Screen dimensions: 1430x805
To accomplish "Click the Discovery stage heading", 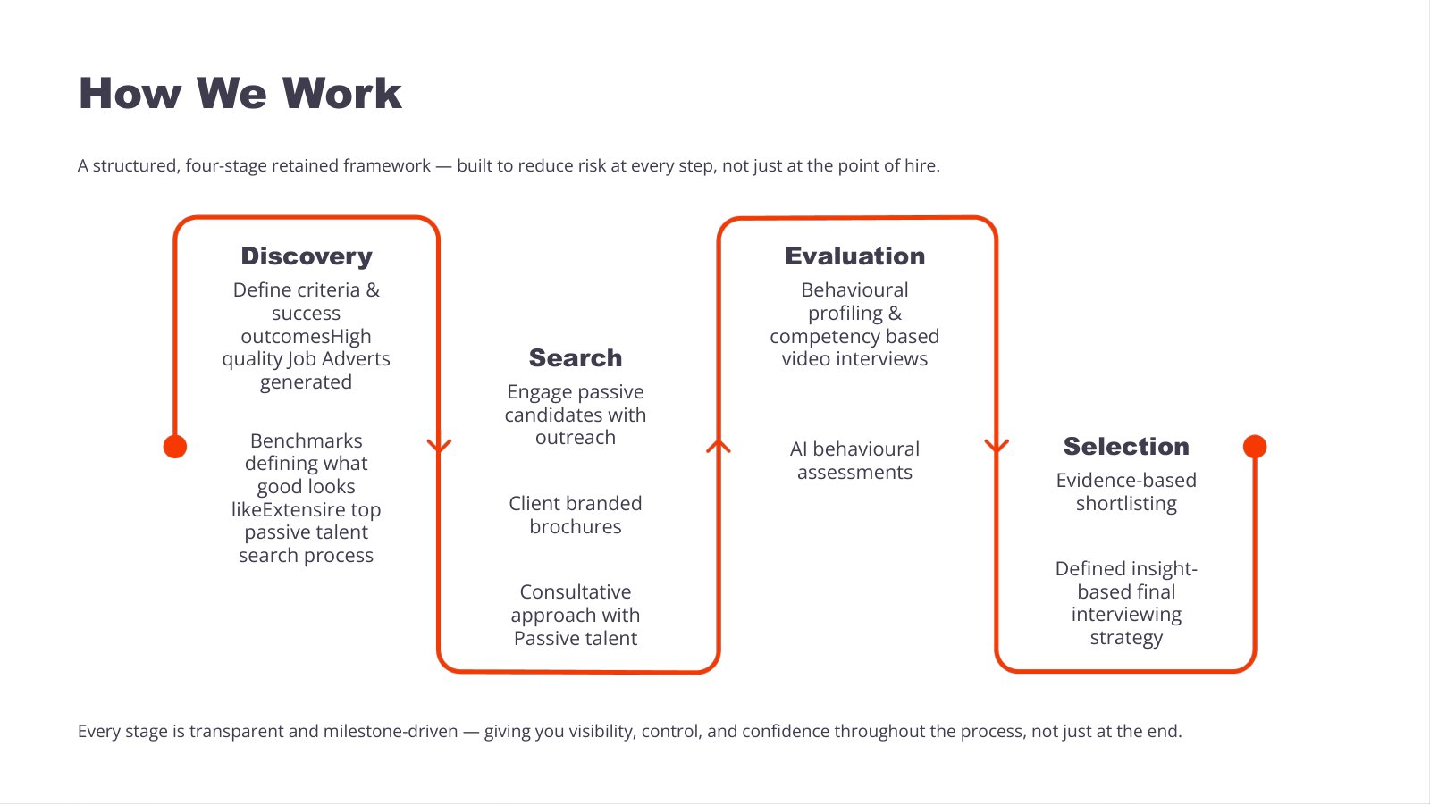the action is coord(307,256).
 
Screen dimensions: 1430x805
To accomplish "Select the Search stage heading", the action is coord(576,357).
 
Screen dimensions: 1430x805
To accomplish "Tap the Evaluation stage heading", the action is coord(854,256).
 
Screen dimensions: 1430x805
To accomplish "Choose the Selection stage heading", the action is coord(1126,446).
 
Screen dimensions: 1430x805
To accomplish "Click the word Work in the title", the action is coord(341,93).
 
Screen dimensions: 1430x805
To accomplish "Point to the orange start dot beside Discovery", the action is coord(175,446).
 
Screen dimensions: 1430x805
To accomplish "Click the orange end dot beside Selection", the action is coord(1255,446).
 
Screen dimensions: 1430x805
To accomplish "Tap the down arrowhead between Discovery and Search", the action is coord(439,446).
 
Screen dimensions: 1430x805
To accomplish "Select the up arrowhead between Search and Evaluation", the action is coord(719,446).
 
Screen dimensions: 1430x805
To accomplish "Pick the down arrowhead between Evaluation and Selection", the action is coord(997,446).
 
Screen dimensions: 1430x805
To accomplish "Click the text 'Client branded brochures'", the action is coord(576,515).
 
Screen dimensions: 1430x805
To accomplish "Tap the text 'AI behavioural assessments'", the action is coord(854,460).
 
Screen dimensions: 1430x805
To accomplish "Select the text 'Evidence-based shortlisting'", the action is coord(1126,491).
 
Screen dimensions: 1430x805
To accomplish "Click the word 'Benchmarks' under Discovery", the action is coord(307,440).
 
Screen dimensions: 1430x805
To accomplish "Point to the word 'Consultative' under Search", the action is coord(576,591).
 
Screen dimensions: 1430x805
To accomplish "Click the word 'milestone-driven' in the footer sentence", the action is coord(391,731).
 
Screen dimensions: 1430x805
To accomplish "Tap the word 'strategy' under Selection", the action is coord(1126,638).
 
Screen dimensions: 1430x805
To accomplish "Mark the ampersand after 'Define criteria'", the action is coord(373,289).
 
